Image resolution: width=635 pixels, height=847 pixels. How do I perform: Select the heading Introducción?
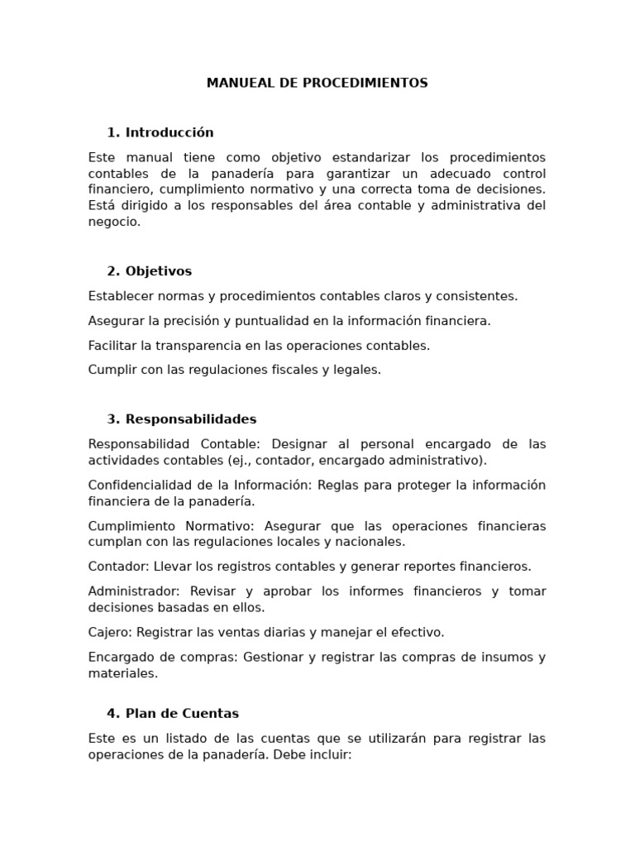169,132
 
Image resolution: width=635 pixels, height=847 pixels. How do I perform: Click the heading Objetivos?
159,271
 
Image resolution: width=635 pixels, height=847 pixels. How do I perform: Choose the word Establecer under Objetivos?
120,296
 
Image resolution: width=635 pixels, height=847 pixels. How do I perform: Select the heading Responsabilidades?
191,419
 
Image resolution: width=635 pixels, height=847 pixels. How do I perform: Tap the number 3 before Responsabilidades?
112,419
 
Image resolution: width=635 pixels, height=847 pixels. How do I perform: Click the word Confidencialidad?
138,485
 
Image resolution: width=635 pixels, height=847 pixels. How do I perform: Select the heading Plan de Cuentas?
182,714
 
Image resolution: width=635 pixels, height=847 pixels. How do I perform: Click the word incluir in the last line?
331,755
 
